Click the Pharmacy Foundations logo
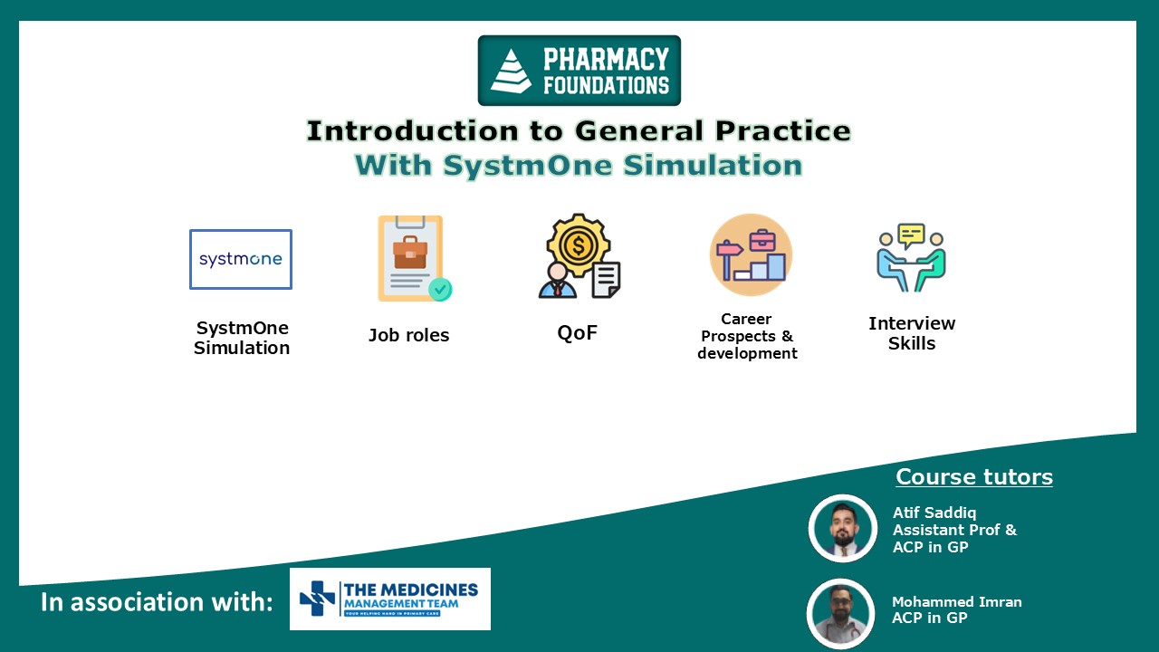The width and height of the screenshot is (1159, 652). (579, 71)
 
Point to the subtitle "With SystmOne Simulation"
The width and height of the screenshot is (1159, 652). (579, 166)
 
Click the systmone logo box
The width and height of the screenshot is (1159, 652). (241, 259)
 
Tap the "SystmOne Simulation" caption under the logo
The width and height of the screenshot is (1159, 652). (242, 338)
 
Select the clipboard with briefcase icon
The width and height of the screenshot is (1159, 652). (413, 259)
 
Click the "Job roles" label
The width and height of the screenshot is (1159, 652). (408, 335)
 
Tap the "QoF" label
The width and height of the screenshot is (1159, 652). (577, 332)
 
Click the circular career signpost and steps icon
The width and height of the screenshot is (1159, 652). (751, 254)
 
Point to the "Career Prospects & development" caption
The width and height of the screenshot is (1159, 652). (747, 336)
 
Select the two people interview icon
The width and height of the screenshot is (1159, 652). (911, 257)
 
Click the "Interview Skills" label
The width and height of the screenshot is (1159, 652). (912, 333)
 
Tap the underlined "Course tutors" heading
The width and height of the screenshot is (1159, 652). (974, 477)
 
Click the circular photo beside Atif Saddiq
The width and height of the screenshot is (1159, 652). (843, 529)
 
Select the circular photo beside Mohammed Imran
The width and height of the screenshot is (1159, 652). (841, 613)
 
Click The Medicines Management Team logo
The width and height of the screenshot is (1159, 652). (390, 599)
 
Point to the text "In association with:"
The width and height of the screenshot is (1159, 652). (157, 602)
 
